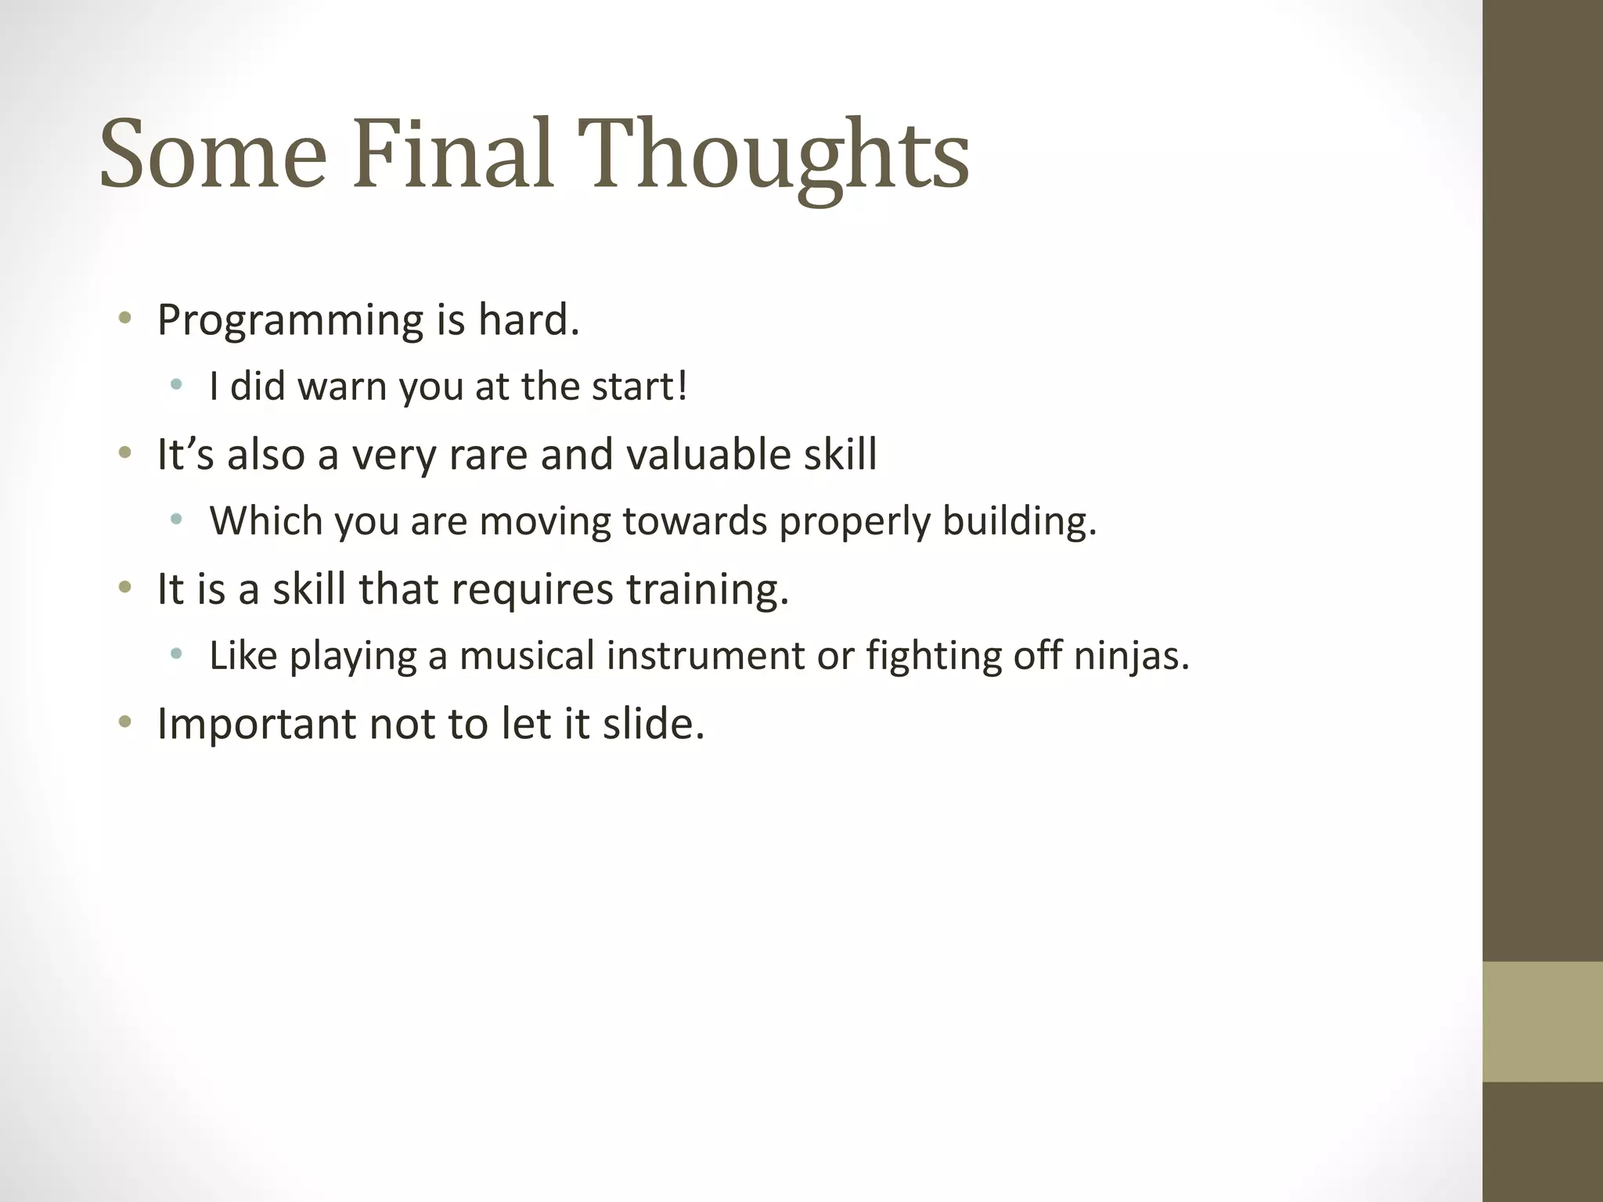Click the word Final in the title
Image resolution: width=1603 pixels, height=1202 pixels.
[452, 153]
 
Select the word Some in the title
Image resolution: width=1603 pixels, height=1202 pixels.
[213, 153]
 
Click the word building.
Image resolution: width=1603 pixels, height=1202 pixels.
[1019, 521]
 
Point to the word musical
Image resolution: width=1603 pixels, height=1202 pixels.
[527, 655]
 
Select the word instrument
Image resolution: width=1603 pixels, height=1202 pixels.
[705, 655]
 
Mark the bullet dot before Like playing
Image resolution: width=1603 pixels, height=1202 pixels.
[176, 653]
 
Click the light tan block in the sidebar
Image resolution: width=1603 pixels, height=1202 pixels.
[1542, 1021]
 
